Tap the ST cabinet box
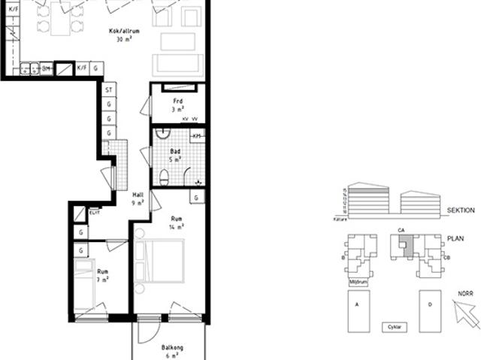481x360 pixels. [x=109, y=90]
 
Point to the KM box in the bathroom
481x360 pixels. [x=197, y=135]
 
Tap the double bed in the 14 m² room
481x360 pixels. [x=165, y=260]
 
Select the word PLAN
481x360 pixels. [x=455, y=239]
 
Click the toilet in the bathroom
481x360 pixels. [x=164, y=177]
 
